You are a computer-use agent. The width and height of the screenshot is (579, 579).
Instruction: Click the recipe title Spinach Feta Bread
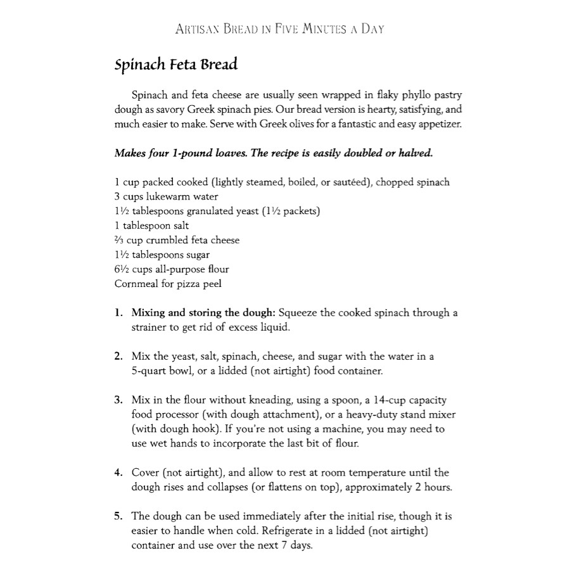point(176,65)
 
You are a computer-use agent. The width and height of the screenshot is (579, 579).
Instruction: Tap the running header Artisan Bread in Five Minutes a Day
point(279,29)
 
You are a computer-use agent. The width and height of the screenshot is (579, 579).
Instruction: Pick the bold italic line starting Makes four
point(273,153)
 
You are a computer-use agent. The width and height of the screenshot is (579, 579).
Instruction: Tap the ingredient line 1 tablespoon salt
point(151,226)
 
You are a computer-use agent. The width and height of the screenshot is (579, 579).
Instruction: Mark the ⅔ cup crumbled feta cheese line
point(177,240)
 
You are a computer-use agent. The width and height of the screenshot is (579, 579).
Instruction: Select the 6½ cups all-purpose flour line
point(171,269)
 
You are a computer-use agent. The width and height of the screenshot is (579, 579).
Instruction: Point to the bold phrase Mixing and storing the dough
point(203,313)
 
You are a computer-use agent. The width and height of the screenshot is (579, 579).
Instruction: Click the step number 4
point(118,473)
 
